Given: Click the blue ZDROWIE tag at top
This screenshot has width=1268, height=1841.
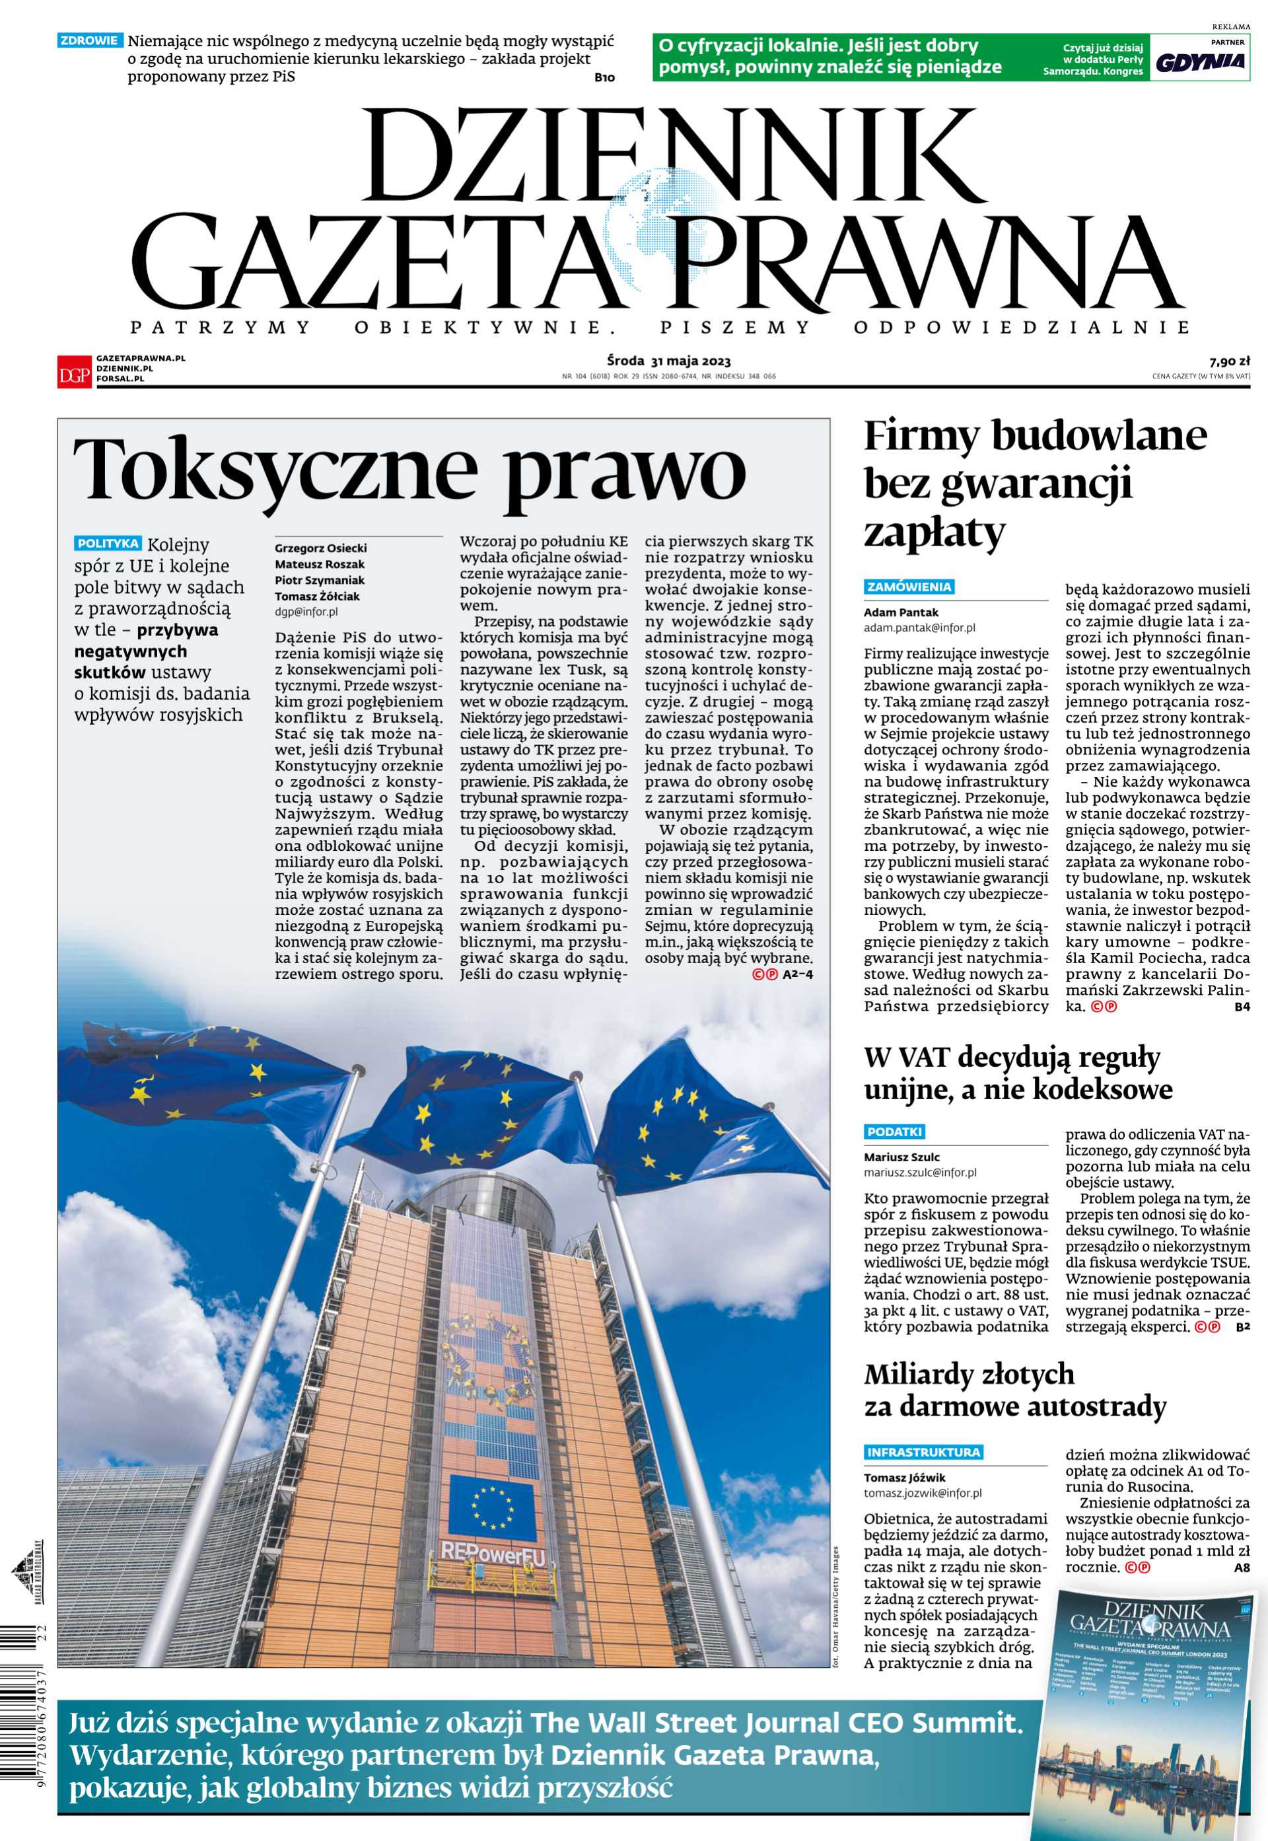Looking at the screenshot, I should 90,40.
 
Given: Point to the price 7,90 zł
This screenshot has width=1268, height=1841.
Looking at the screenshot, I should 1230,360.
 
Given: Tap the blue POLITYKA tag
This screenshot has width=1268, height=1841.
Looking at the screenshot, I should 108,544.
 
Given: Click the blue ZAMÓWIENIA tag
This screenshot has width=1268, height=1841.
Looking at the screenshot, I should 909,587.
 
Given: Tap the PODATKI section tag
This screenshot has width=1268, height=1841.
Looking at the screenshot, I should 895,1132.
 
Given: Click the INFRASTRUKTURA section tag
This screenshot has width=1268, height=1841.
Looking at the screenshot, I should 923,1453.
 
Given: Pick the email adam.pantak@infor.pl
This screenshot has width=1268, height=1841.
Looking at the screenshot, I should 919,628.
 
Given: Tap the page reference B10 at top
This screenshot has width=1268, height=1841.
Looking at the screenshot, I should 604,78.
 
